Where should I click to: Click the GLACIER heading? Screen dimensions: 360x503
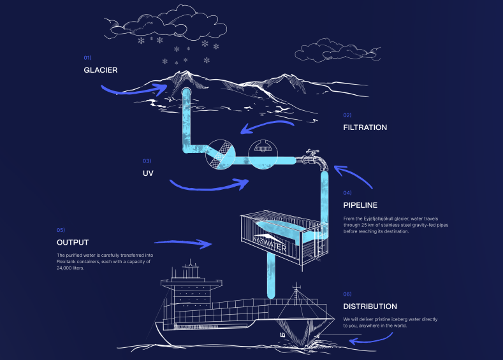(100, 69)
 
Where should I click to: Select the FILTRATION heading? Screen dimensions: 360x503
(365, 127)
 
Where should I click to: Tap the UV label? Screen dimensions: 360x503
(149, 173)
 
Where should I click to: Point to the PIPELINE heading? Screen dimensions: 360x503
(360, 205)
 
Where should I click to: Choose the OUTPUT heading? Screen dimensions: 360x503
(72, 242)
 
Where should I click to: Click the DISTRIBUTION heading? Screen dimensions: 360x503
(370, 306)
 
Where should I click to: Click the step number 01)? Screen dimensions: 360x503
(87, 57)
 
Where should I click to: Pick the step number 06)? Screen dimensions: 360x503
(347, 294)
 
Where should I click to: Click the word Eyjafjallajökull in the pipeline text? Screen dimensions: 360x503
(383, 219)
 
